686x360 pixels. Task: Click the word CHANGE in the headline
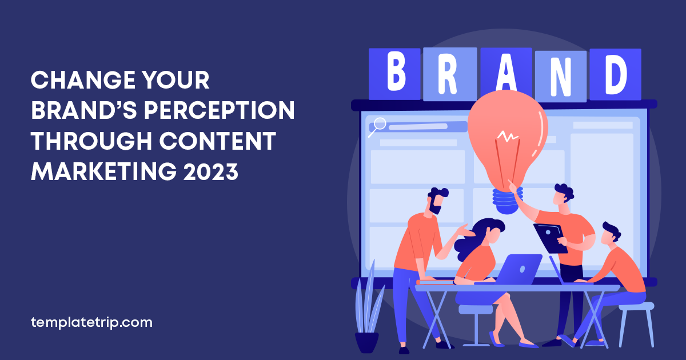83,80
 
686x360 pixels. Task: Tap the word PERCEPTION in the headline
220,110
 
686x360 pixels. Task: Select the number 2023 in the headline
211,171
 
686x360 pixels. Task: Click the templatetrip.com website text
91,322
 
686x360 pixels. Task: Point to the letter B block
395,74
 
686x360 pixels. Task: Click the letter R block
449,74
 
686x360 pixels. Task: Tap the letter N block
560,76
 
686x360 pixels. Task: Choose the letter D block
615,74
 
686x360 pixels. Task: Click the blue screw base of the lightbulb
507,201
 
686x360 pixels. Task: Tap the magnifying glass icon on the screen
378,127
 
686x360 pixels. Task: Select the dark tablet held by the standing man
550,238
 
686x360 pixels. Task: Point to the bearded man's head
437,200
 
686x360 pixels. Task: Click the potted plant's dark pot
366,342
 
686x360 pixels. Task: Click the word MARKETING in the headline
104,171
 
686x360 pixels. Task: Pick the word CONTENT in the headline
217,141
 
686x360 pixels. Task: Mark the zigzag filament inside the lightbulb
508,137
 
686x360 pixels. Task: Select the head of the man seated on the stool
611,234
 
